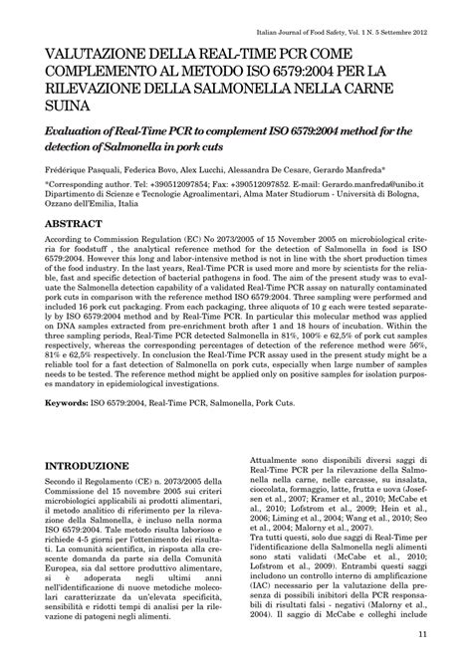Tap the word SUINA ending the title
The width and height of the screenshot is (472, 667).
coord(63,105)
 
